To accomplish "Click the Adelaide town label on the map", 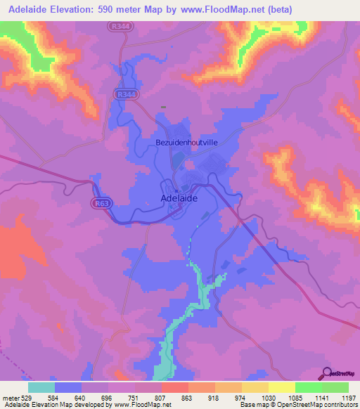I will [x=179, y=198].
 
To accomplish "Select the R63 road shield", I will [x=100, y=203].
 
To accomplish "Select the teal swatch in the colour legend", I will [x=41, y=387].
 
